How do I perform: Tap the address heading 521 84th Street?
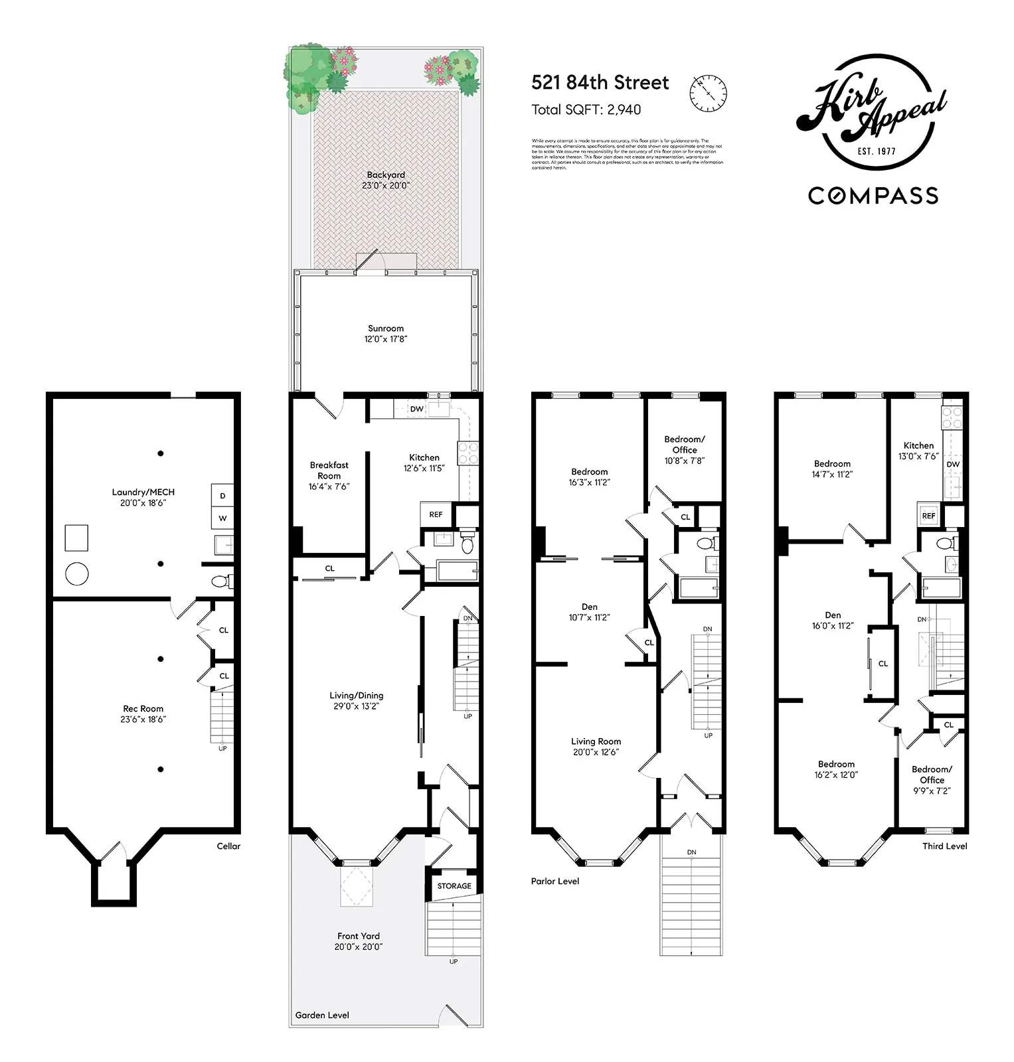600,83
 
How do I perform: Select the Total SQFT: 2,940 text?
586,110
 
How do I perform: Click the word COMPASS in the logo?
873,196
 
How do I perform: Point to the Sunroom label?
386,333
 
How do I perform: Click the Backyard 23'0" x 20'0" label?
386,180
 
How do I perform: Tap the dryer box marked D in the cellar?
222,496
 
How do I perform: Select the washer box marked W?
222,518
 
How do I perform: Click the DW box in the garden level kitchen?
416,409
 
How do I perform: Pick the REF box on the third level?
928,515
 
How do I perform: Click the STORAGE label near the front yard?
454,885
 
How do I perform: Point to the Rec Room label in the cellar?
143,714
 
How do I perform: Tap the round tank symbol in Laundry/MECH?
77,573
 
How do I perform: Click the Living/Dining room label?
357,700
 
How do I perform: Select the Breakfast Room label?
329,475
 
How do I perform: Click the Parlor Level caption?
555,881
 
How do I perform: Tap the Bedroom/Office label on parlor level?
684,449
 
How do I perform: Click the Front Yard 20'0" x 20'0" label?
359,941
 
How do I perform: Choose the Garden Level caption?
322,1015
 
